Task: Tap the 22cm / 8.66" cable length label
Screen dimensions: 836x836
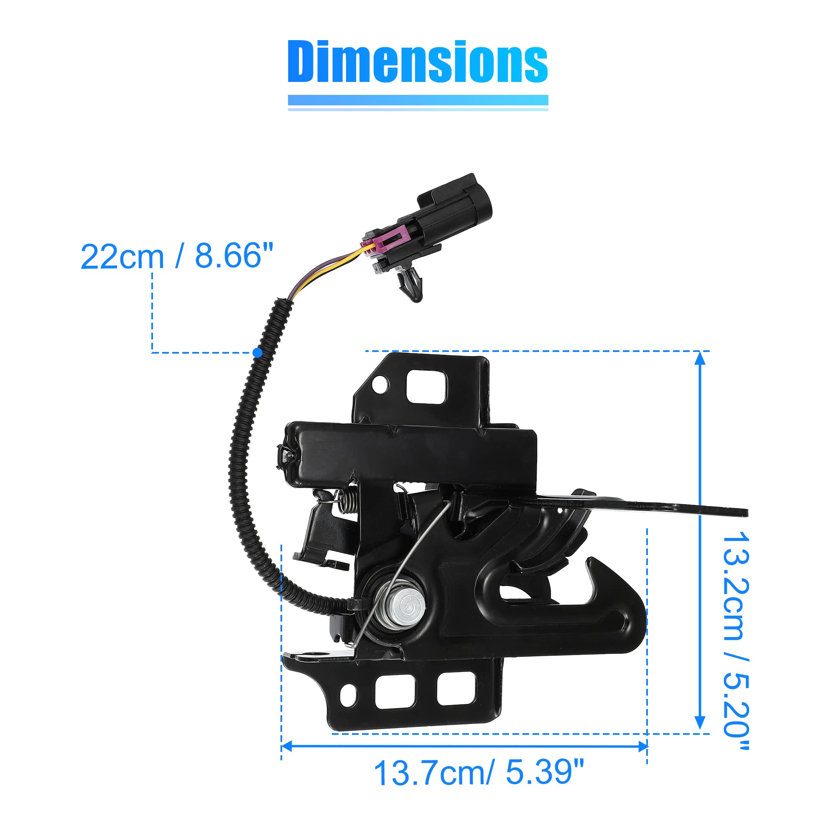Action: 177,256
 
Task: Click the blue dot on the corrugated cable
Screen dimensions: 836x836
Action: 257,353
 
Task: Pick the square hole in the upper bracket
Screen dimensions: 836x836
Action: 426,386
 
